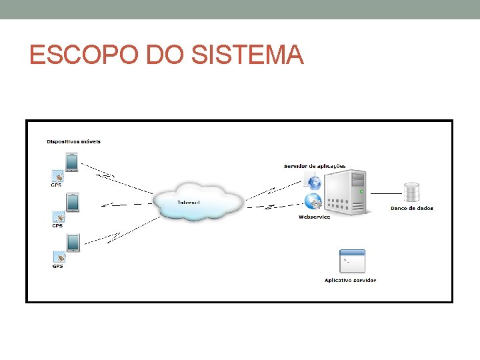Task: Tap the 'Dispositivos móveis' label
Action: (x=73, y=141)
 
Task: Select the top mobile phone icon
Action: (x=71, y=162)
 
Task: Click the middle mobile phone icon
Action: (x=72, y=202)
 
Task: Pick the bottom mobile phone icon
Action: (x=72, y=243)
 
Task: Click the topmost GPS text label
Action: (x=57, y=185)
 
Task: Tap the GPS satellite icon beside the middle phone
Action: (x=59, y=217)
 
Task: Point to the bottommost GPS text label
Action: (x=58, y=267)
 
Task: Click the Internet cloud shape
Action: (x=198, y=200)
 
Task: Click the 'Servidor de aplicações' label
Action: (x=315, y=165)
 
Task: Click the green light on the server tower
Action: (x=361, y=191)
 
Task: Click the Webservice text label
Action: (x=314, y=217)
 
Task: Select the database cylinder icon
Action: (x=411, y=193)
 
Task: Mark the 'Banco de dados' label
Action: (x=411, y=208)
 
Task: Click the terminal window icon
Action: (x=352, y=261)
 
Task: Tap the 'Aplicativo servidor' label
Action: (x=350, y=280)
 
